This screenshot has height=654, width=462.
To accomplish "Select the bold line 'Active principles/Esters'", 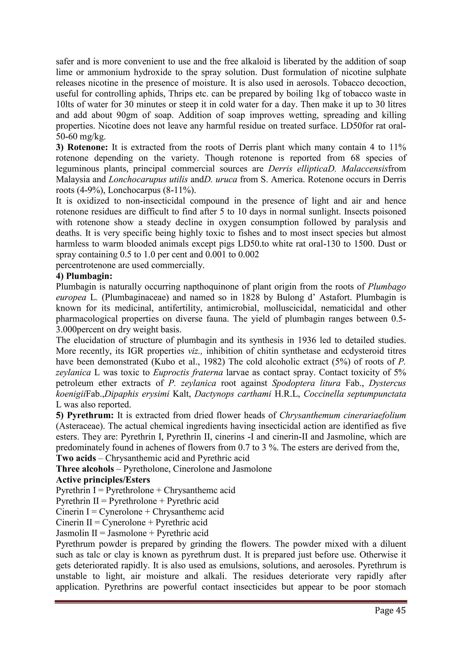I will tap(103, 480).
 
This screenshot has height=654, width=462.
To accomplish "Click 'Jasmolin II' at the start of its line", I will tap(73, 533).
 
